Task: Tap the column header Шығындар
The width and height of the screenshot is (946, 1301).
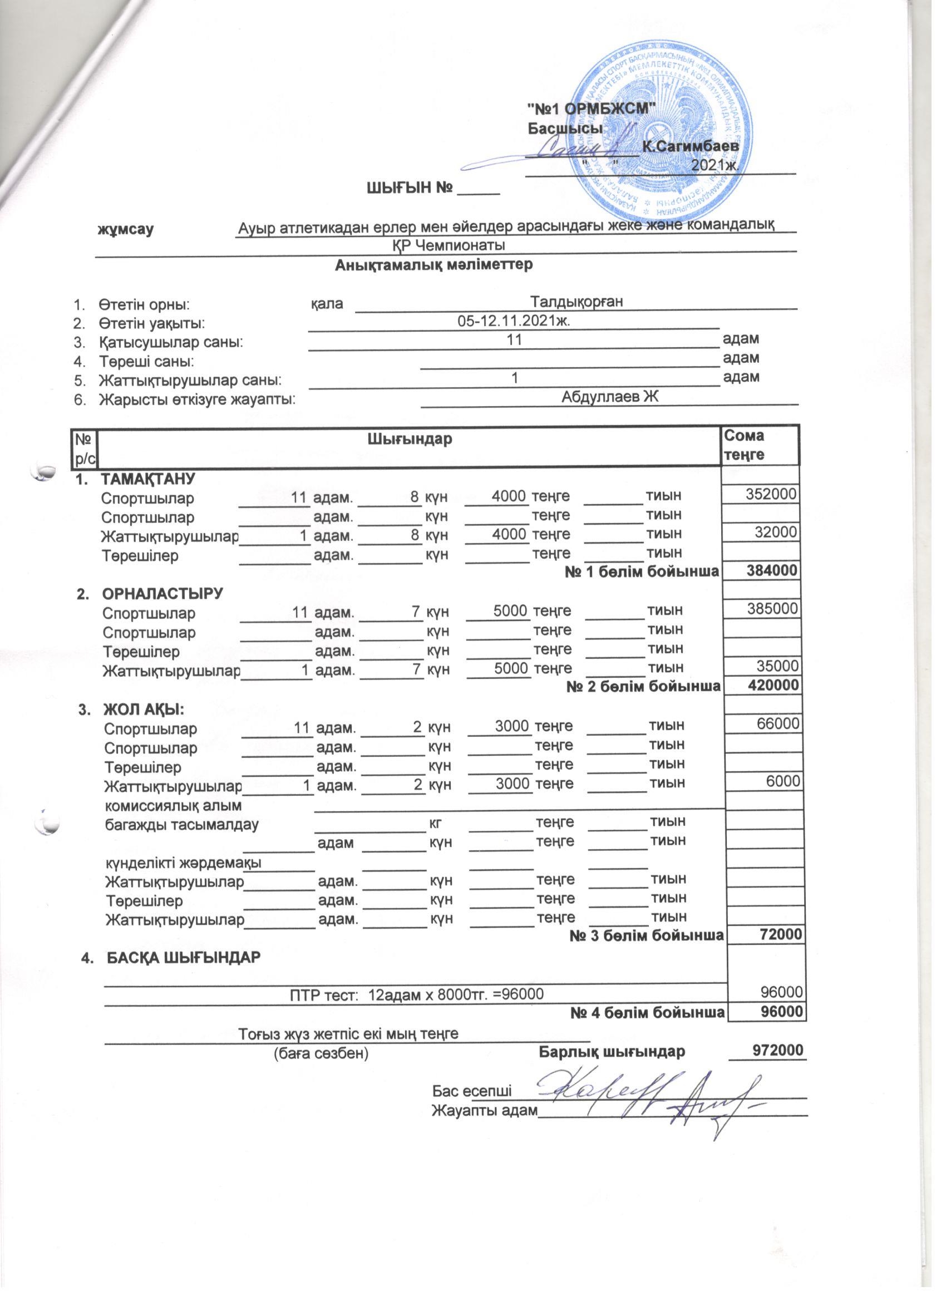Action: coord(409,440)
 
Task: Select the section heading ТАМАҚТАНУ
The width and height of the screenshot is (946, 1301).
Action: coord(148,478)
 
